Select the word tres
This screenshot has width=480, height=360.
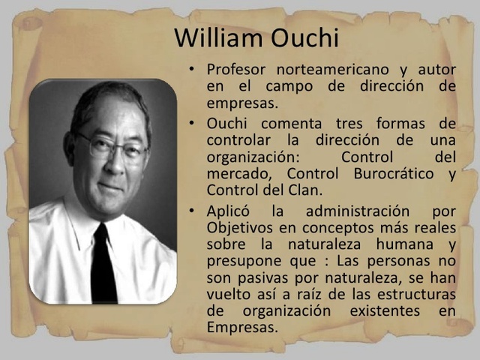(x=334, y=122)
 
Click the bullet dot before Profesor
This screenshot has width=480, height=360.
(x=193, y=70)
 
